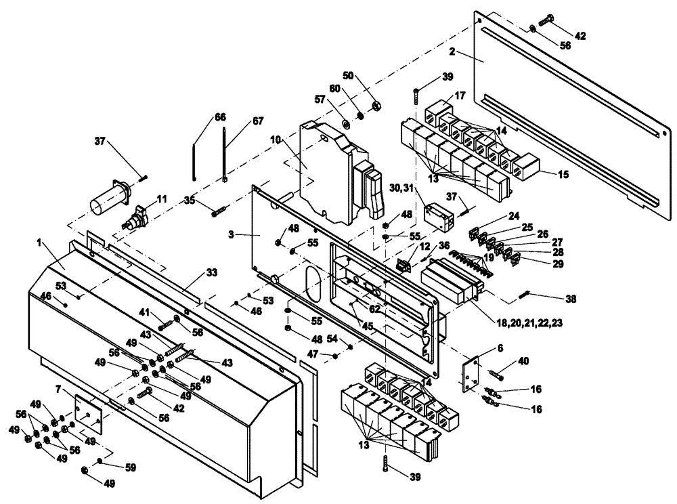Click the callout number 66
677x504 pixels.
click(221, 117)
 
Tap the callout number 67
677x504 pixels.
click(239, 121)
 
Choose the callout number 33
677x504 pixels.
click(212, 273)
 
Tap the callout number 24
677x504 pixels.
click(515, 217)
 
